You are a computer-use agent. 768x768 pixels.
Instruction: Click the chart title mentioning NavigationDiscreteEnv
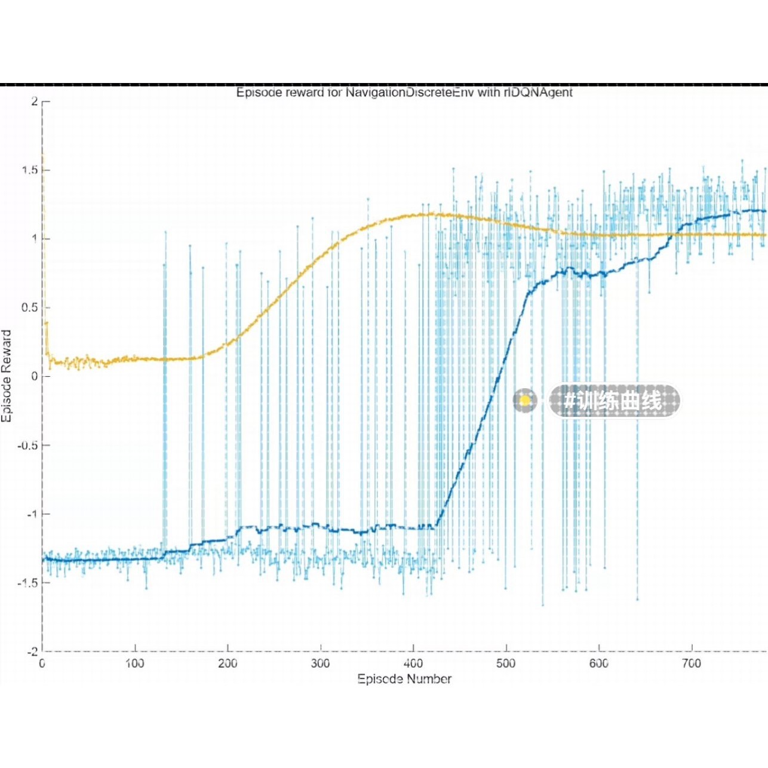(x=404, y=93)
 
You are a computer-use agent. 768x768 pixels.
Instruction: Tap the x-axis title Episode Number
(x=404, y=678)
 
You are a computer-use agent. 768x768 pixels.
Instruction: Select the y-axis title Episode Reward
(x=7, y=376)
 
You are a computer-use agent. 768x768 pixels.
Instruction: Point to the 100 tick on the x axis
(x=135, y=663)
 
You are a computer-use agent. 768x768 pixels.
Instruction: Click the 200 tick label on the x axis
(x=228, y=663)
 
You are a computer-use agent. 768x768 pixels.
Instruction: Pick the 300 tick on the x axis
(x=321, y=663)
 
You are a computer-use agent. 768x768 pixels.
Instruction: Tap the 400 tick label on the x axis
(x=413, y=663)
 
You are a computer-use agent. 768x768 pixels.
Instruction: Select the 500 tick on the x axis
(x=506, y=663)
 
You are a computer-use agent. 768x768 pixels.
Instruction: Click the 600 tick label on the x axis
(x=599, y=663)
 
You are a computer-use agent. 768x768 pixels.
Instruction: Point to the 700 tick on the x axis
(x=692, y=663)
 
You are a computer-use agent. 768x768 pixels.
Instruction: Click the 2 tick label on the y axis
(x=35, y=102)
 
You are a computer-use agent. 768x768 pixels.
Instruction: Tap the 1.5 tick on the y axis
(x=30, y=170)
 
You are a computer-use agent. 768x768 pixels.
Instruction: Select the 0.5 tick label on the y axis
(x=30, y=308)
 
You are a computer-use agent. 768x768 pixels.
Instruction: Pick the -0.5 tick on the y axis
(x=27, y=446)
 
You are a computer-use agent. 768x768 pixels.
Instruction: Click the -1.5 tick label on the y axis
(x=27, y=583)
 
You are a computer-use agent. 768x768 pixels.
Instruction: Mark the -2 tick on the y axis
(x=32, y=652)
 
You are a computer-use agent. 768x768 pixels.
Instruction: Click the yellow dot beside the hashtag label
(x=525, y=400)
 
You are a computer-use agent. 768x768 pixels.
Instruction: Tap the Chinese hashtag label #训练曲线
(x=614, y=401)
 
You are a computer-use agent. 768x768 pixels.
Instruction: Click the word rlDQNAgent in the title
(x=538, y=93)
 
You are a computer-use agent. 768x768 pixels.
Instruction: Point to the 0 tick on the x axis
(x=42, y=663)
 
